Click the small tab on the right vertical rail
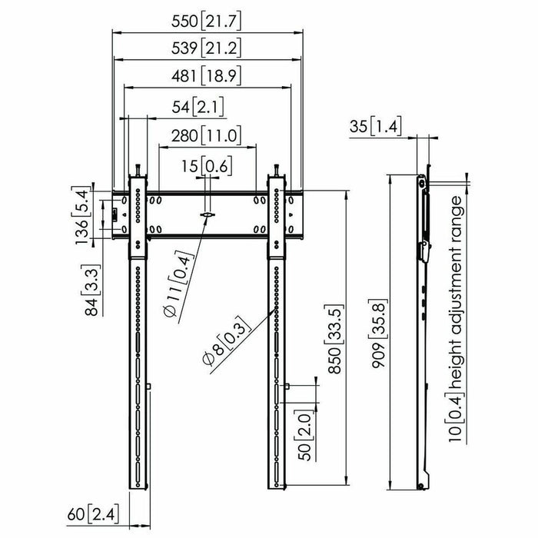pyautogui.click(x=286, y=387)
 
